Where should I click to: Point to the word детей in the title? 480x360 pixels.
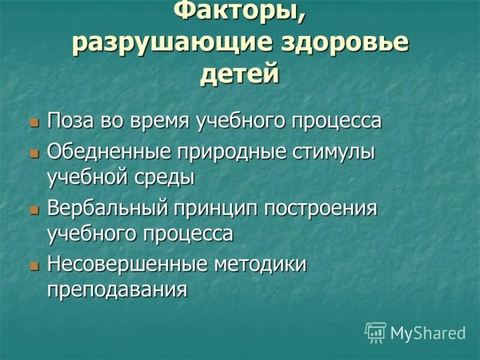click(x=239, y=74)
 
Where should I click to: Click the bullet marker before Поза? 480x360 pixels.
click(x=34, y=121)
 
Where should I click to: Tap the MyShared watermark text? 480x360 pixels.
click(x=428, y=333)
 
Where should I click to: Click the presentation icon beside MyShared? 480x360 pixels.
click(x=376, y=332)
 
